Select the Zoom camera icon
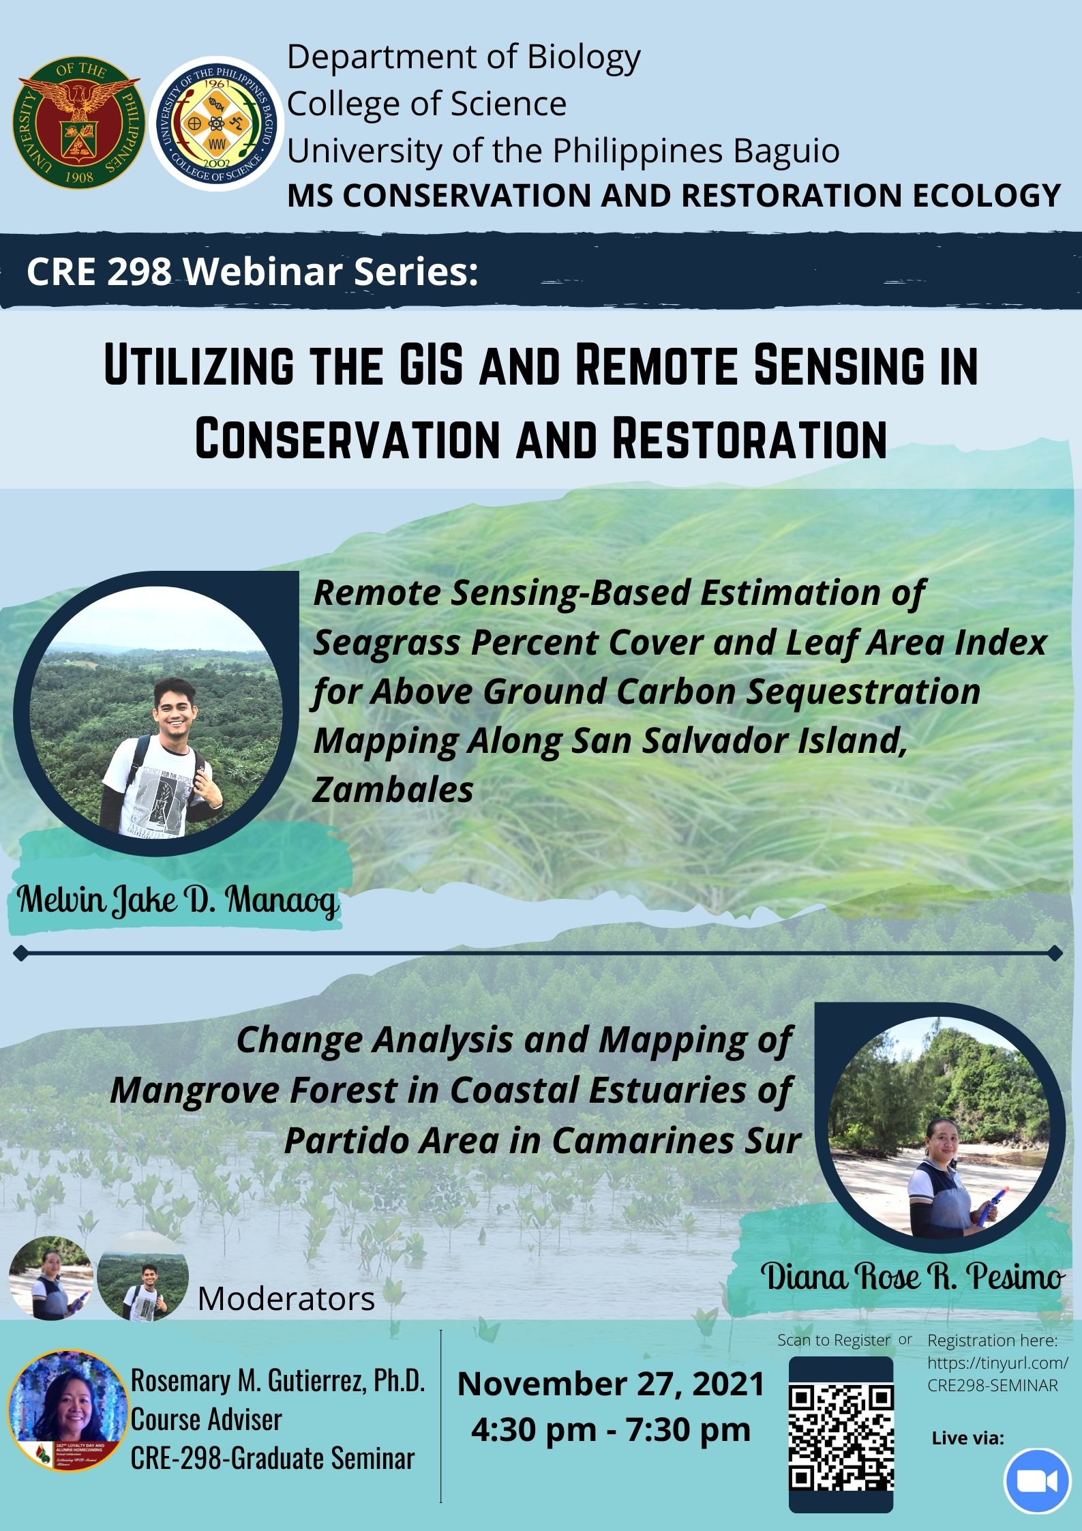pyautogui.click(x=1036, y=1481)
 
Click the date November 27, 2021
pyautogui.click(x=611, y=1384)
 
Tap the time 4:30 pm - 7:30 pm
pyautogui.click(x=611, y=1429)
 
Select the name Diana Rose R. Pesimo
pyautogui.click(x=912, y=1277)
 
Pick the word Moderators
pyautogui.click(x=286, y=1298)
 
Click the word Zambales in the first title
pyautogui.click(x=393, y=790)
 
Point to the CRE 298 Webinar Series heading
pyautogui.click(x=252, y=271)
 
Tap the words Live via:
pyautogui.click(x=968, y=1438)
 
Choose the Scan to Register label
pyautogui.click(x=833, y=1340)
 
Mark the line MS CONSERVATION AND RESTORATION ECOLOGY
pyautogui.click(x=674, y=195)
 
